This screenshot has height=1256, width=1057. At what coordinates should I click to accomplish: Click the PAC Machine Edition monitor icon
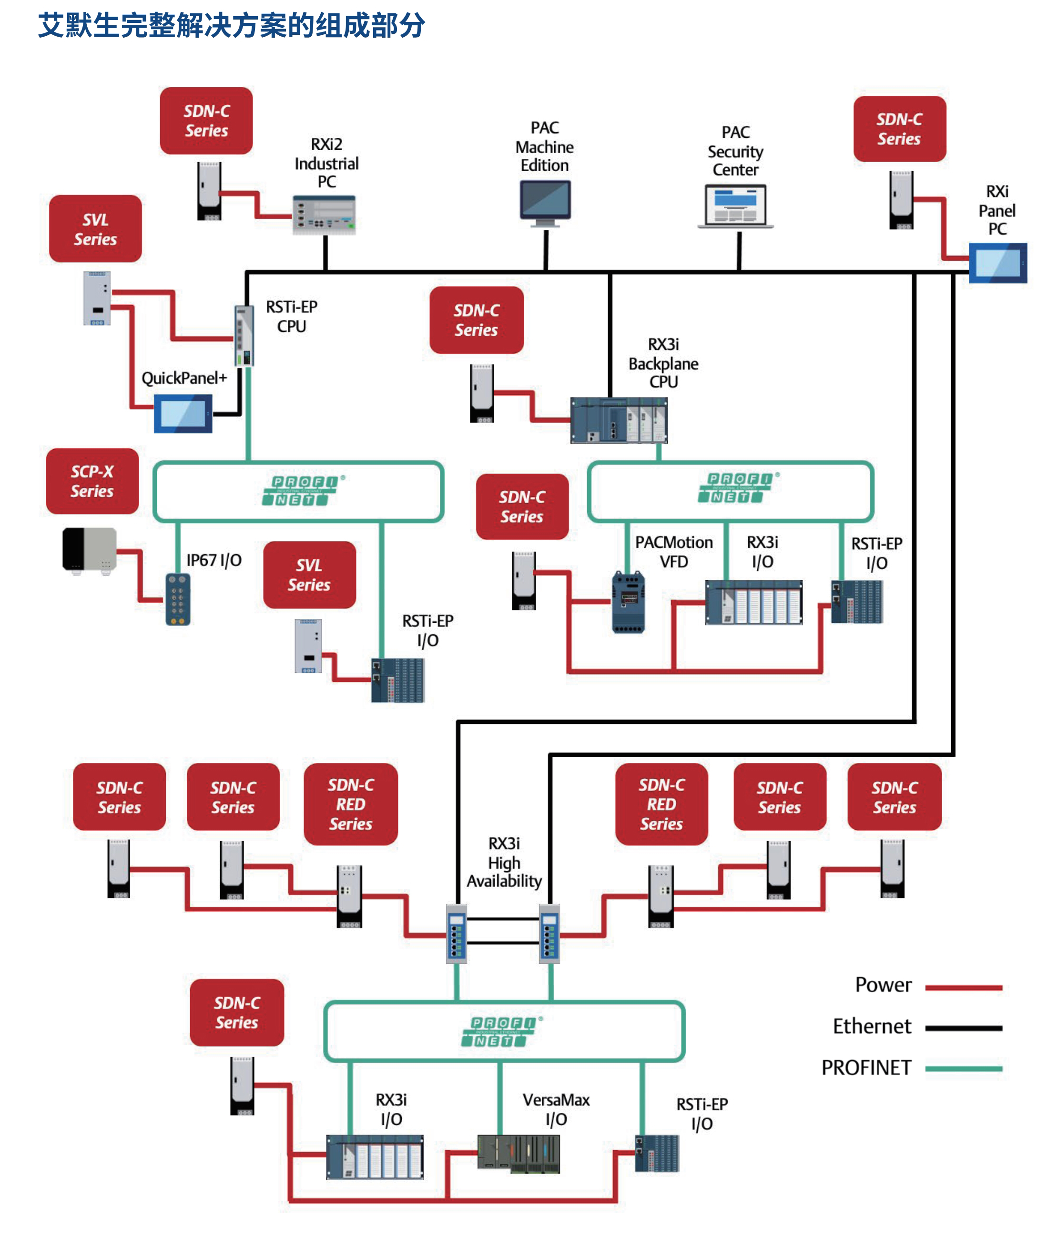[x=545, y=202]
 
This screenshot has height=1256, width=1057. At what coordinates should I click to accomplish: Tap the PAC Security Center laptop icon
[x=735, y=206]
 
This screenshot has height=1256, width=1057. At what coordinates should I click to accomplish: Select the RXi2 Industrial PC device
[x=324, y=215]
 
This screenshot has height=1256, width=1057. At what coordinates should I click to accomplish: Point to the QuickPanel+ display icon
[x=183, y=413]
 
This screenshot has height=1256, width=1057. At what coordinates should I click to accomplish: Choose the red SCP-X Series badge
[x=92, y=481]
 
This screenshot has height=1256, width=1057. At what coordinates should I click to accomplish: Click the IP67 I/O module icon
[x=178, y=599]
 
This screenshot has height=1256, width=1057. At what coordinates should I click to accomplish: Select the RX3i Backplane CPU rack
[x=619, y=420]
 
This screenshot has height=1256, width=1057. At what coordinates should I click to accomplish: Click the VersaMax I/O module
[x=518, y=1153]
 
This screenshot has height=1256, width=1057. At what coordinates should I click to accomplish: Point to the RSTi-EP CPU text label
[x=292, y=316]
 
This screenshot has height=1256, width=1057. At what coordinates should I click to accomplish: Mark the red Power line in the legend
[x=963, y=987]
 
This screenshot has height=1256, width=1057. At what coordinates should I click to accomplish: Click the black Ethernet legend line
[x=963, y=1028]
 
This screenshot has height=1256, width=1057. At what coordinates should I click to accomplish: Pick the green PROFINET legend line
[x=963, y=1068]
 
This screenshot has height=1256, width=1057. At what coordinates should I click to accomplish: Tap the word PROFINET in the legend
[x=866, y=1068]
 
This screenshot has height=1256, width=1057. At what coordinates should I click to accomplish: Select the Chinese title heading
[x=231, y=26]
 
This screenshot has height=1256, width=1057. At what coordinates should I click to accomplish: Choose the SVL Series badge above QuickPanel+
[x=95, y=228]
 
